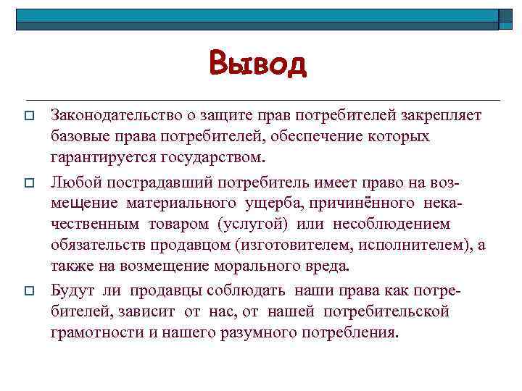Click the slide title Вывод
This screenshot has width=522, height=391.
pos(258,64)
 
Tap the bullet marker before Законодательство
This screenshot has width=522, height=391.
pos(29,117)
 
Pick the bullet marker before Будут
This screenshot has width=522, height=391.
pos(29,290)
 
